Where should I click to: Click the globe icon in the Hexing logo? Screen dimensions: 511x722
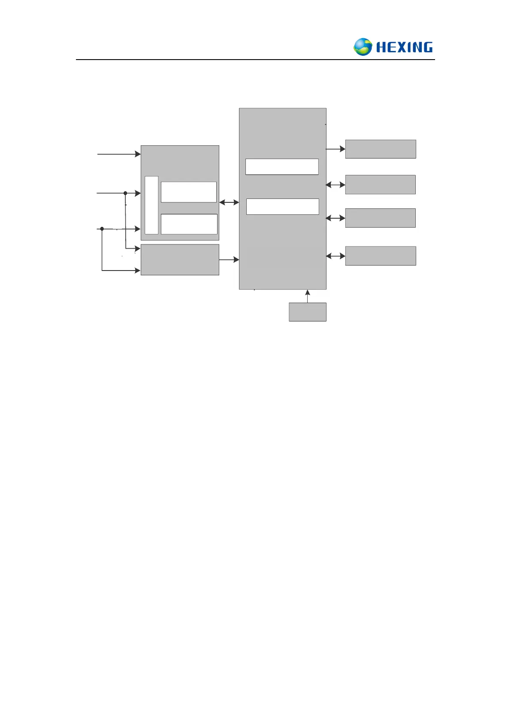click(363, 47)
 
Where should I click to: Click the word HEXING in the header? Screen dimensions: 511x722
click(404, 47)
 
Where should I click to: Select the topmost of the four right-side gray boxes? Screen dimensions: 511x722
click(380, 149)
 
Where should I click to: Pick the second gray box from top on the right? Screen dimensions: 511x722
click(380, 184)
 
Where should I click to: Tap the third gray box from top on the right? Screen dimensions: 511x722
click(380, 218)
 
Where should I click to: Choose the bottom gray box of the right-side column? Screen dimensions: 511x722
click(380, 256)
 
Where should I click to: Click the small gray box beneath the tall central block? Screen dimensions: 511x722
click(307, 312)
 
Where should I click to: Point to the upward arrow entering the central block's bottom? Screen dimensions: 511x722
click(307, 296)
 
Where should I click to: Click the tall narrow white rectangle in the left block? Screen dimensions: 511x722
click(151, 205)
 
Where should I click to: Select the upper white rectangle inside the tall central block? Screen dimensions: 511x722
click(282, 166)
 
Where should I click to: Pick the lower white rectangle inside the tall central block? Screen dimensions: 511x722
click(282, 206)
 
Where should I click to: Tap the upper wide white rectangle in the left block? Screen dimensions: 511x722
click(188, 192)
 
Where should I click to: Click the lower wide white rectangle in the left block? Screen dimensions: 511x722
click(189, 224)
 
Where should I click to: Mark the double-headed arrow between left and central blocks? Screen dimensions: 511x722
click(229, 202)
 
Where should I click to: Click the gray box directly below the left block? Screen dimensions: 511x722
click(180, 259)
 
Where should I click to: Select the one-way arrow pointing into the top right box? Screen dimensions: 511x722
click(336, 149)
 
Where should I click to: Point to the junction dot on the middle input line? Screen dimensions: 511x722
click(125, 193)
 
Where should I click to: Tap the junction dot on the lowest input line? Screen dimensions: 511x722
click(102, 229)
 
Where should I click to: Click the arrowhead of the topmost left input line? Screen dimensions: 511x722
click(138, 154)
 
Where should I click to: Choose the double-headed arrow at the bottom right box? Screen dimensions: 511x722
click(336, 256)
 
